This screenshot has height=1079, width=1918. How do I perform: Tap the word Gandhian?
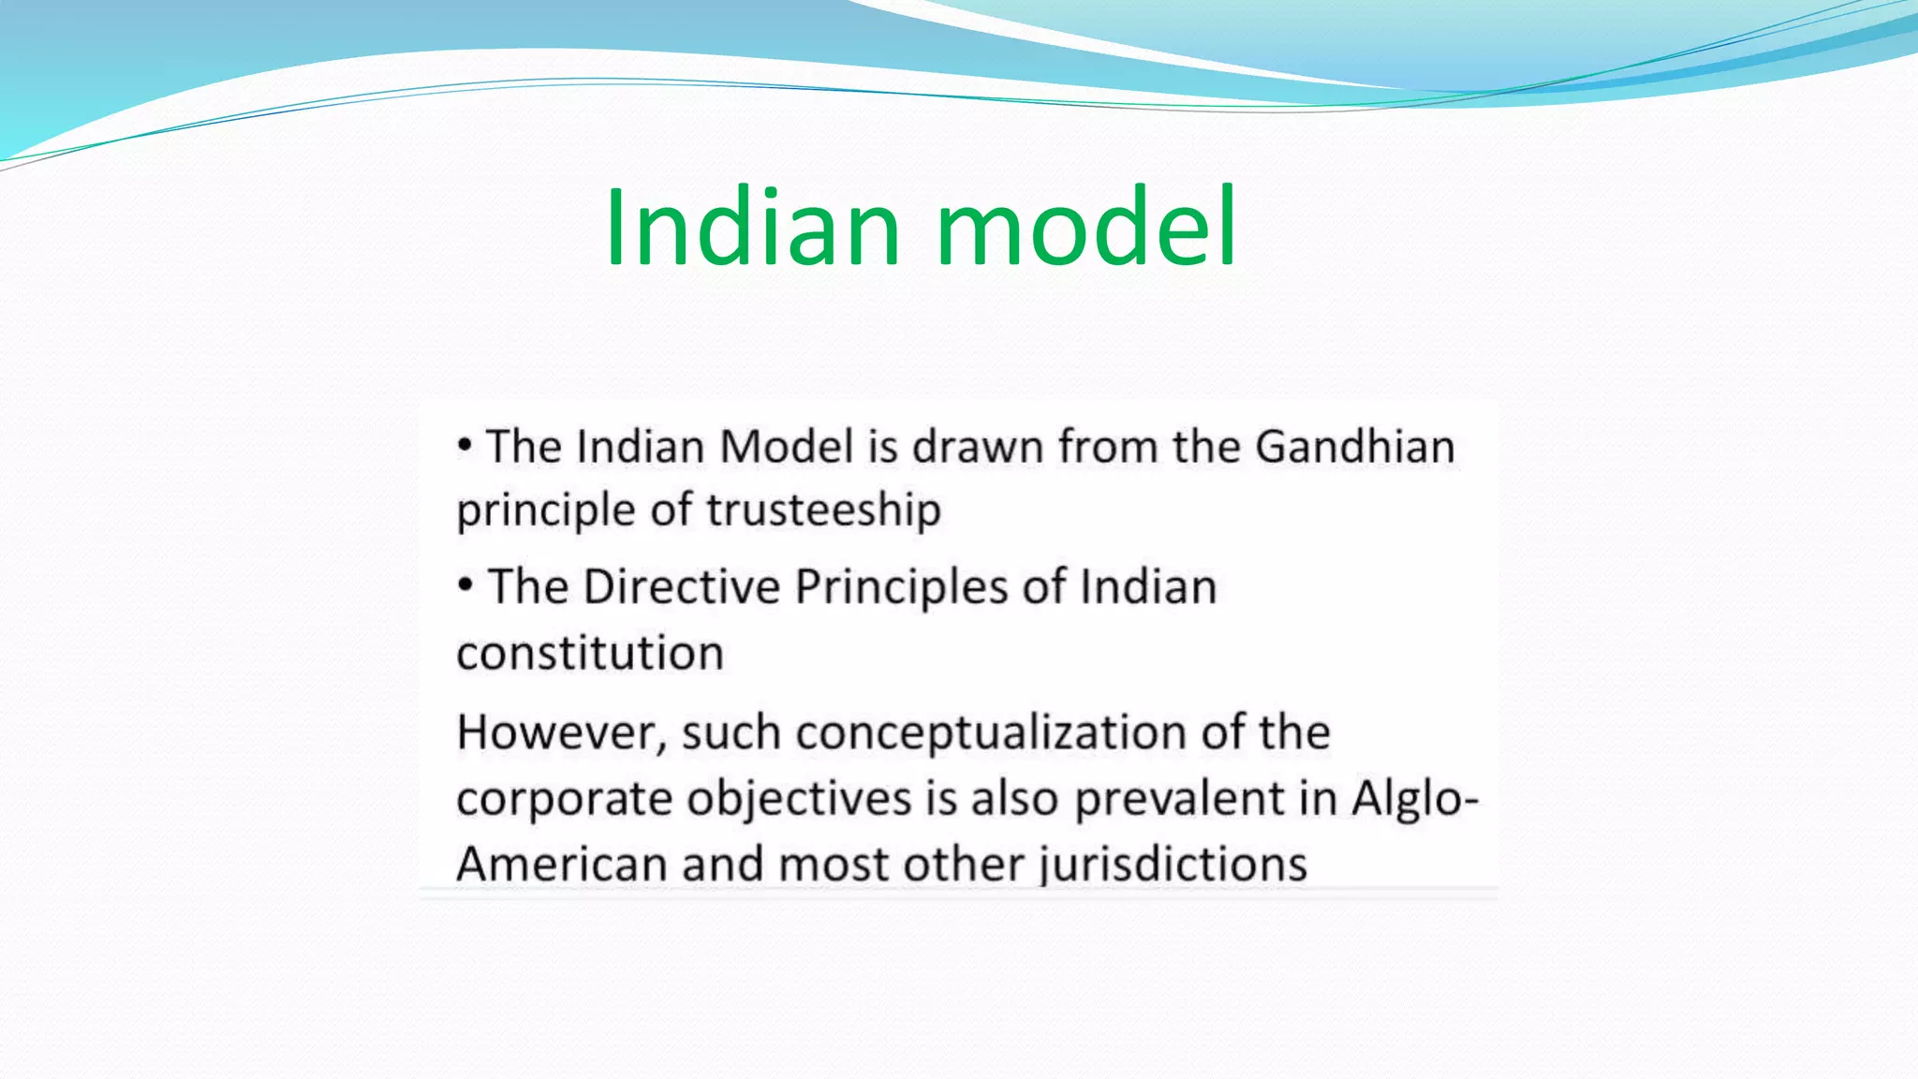[1354, 446]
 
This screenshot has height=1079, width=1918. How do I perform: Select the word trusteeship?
[823, 510]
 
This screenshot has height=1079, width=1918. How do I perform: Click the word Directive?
[681, 587]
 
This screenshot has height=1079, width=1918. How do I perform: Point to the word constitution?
[590, 653]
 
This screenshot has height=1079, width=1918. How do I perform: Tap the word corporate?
[565, 799]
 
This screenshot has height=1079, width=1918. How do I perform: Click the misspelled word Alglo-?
[1414, 799]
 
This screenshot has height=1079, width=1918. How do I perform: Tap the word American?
[561, 864]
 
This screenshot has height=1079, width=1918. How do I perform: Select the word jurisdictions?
[1173, 864]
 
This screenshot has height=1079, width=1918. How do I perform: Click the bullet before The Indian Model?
[465, 446]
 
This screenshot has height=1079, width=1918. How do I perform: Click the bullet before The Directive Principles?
[465, 586]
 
